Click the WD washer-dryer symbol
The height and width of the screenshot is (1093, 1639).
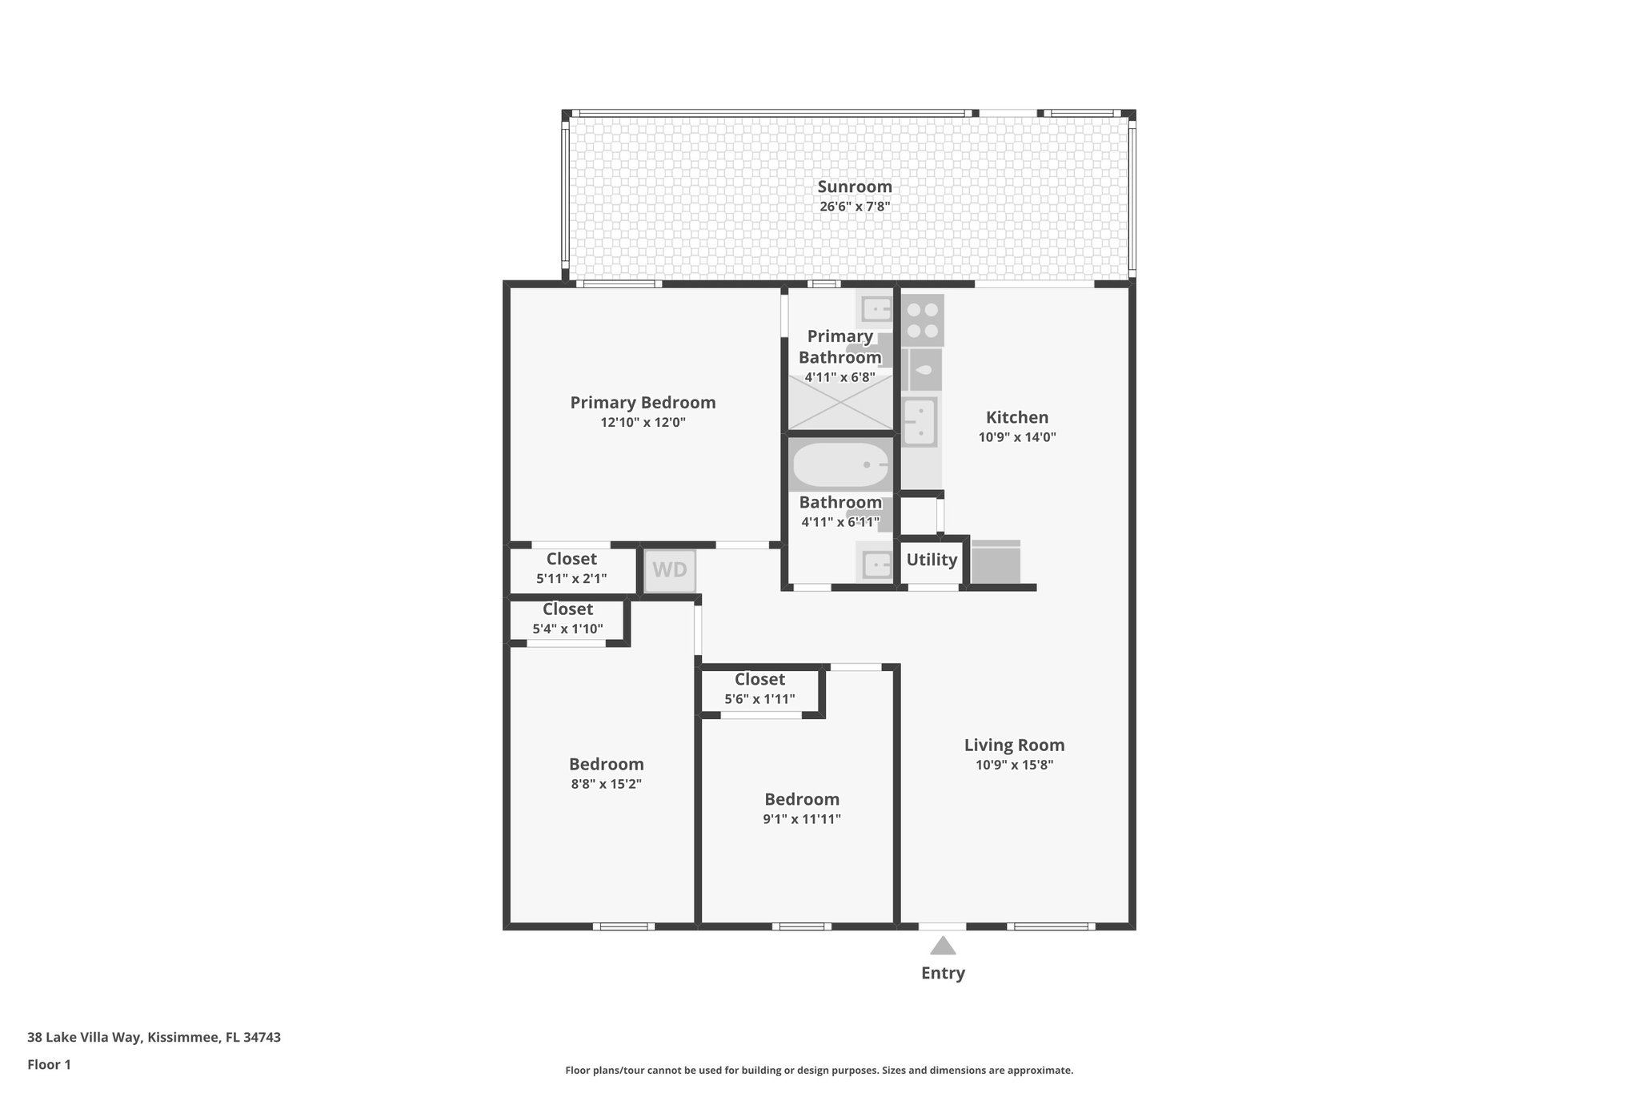pos(670,570)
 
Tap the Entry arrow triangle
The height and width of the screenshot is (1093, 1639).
pos(943,946)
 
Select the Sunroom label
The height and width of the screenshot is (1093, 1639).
pos(854,187)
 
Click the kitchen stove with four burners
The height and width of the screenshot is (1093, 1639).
pos(923,320)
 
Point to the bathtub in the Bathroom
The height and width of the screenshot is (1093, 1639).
pos(840,465)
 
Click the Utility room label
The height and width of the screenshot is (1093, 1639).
pos(932,560)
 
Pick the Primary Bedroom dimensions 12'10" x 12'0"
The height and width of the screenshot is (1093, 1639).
pos(643,422)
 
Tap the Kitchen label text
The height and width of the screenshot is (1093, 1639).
pos(1016,417)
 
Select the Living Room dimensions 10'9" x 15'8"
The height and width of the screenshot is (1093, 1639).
pos(1014,765)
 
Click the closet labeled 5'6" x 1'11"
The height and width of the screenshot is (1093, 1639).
pos(759,689)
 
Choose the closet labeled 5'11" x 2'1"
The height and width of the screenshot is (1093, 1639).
pos(571,569)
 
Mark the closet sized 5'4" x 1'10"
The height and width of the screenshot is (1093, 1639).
pos(567,619)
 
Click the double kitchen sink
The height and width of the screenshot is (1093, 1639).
pos(920,421)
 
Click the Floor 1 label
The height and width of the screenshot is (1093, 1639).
pos(49,1064)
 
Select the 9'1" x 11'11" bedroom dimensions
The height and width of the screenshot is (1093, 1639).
pos(801,819)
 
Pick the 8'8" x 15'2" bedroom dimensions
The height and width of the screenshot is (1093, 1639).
pos(606,784)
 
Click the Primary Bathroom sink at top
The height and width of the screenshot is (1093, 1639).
pos(875,308)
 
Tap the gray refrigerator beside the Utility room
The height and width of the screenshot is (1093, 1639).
pos(996,563)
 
